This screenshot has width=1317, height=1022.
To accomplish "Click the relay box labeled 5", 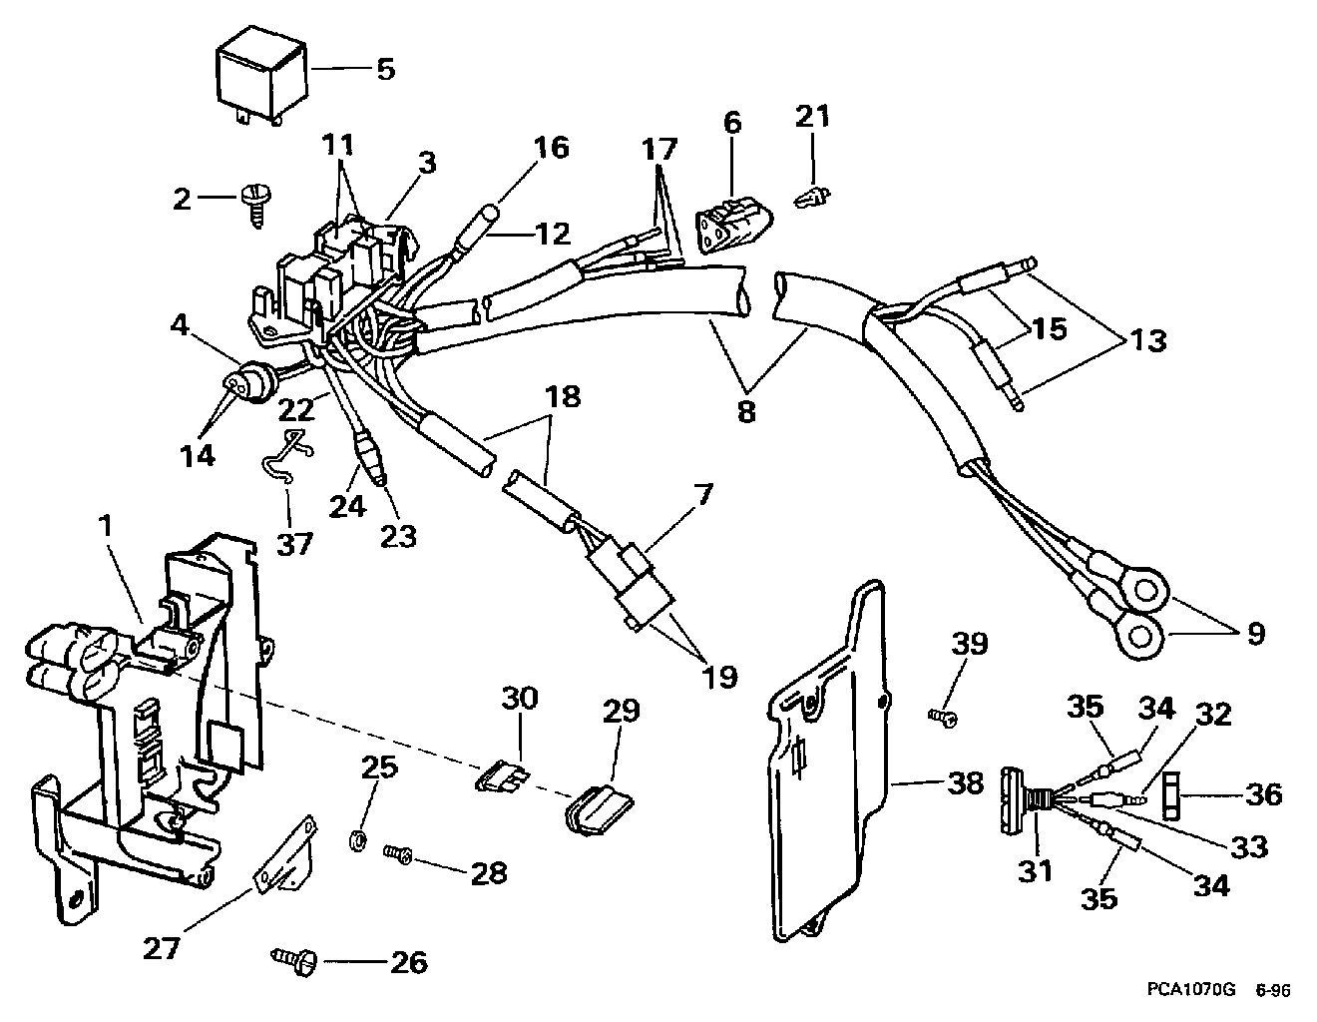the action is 261,78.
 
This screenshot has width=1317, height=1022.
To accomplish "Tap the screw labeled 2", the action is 255,207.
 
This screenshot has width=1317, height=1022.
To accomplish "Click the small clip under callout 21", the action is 811,197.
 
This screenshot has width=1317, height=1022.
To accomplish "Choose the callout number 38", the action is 965,783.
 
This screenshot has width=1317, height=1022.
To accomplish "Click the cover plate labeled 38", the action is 829,765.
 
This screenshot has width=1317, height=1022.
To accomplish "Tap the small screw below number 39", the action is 943,719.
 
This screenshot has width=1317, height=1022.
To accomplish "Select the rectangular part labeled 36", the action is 1170,795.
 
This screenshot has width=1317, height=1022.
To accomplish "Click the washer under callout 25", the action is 358,842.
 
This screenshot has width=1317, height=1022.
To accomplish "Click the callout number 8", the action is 746,411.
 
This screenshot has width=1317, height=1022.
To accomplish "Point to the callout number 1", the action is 106,527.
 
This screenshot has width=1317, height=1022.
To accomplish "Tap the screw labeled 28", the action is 398,855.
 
